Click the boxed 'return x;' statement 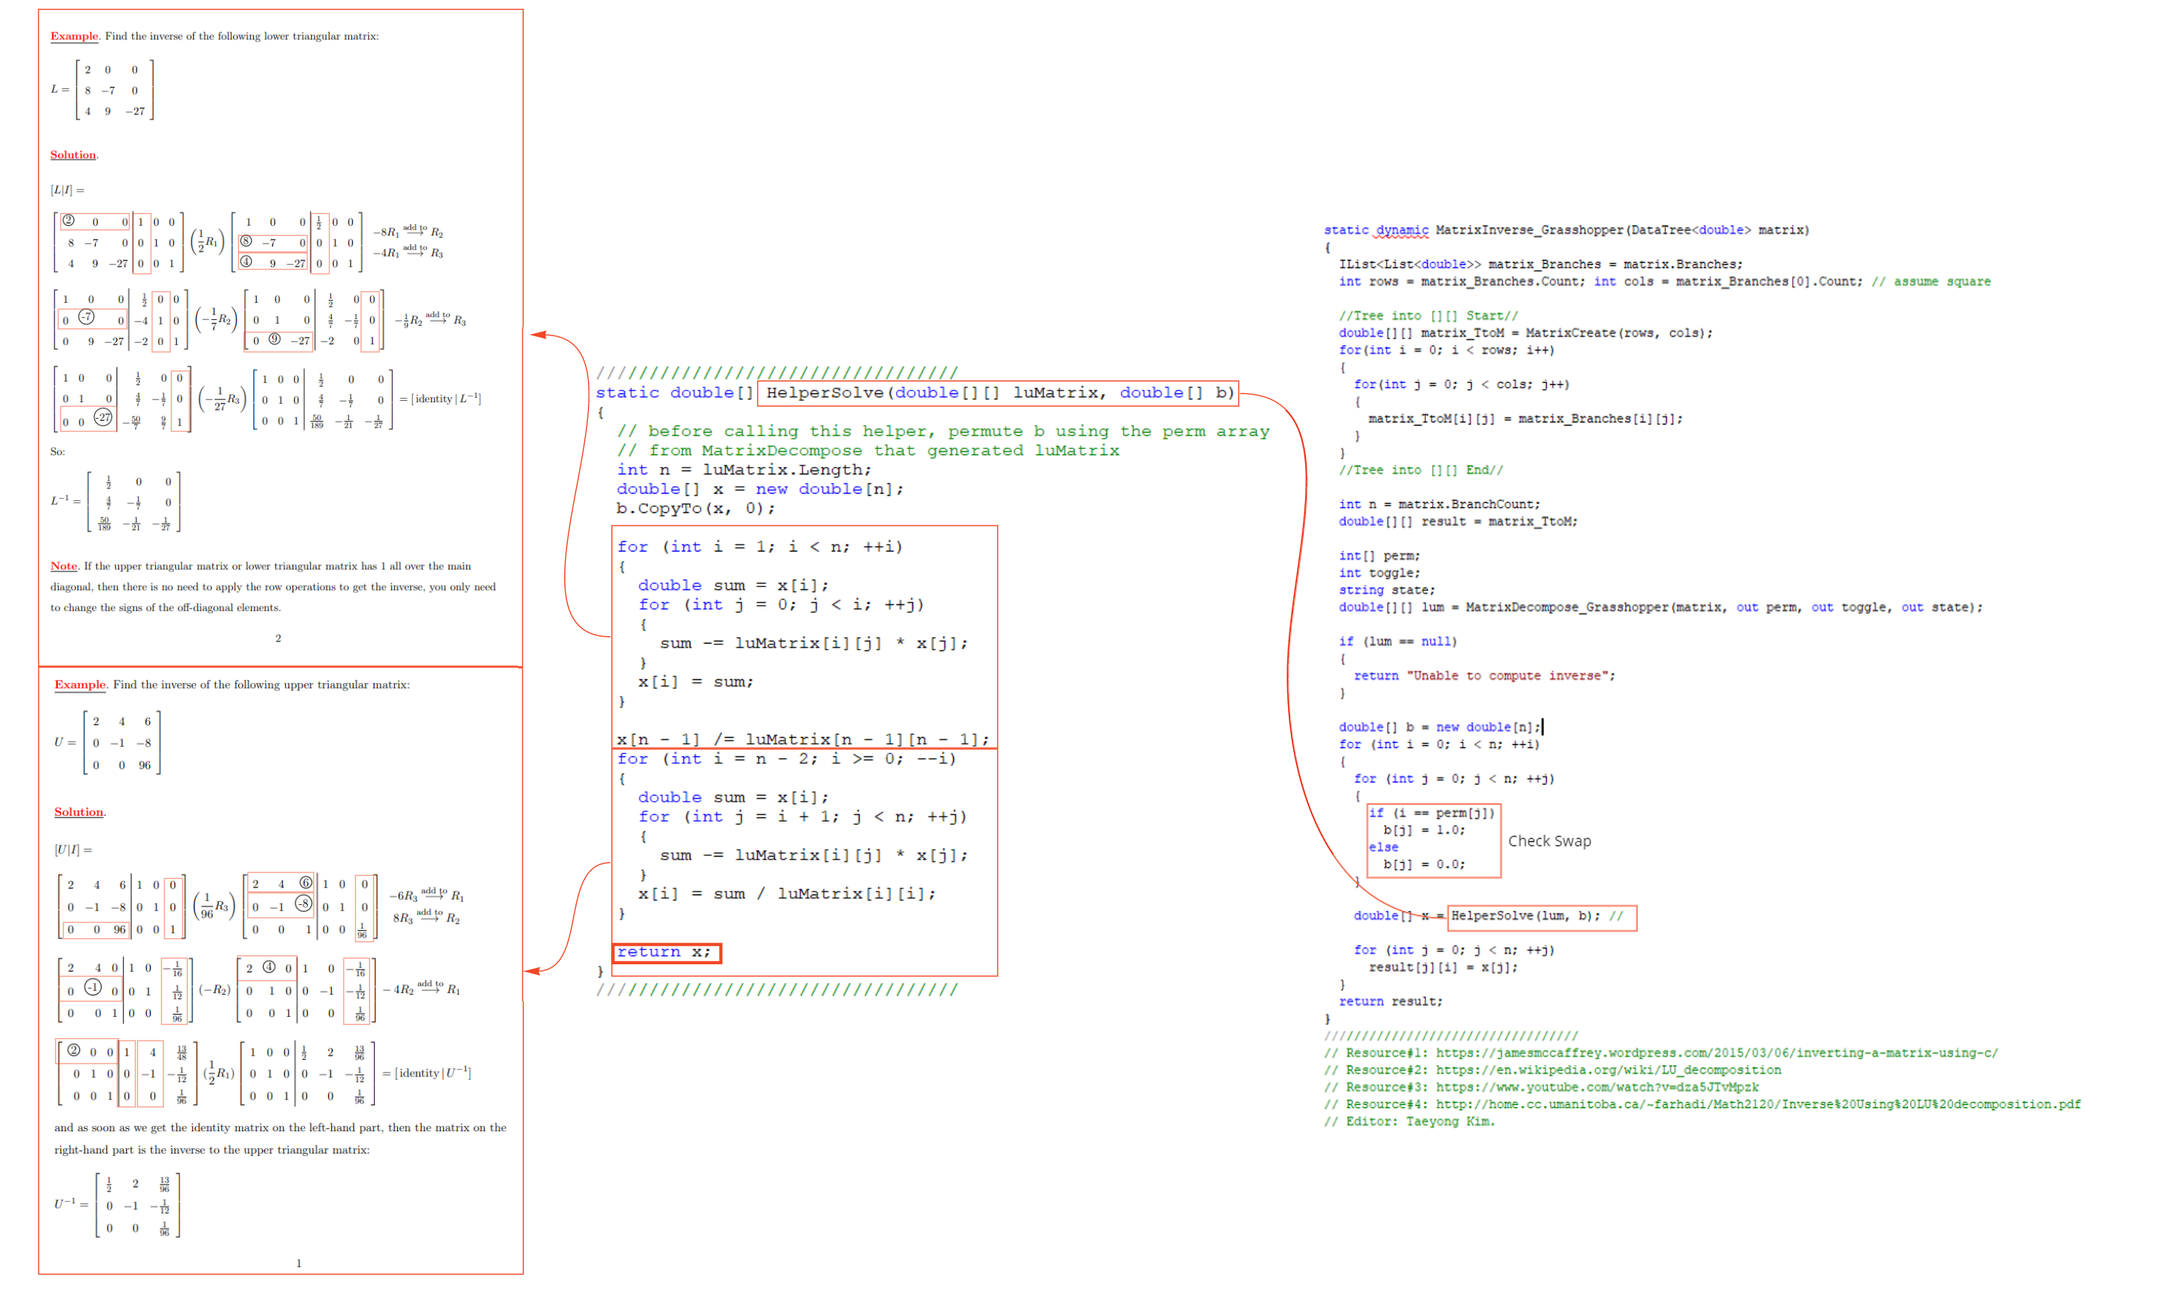pos(666,952)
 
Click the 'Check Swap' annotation pos(1549,841)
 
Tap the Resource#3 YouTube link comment pos(1541,1087)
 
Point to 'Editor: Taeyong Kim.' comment pos(1409,1122)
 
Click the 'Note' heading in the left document pos(64,566)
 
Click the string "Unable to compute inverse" pos(1510,675)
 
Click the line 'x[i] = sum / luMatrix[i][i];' pos(786,894)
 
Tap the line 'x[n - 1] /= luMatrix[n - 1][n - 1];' pos(802,739)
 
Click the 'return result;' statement pos(1390,1001)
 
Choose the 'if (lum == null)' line pos(1397,641)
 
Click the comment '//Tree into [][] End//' pos(1420,470)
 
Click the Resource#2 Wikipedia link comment pos(1552,1070)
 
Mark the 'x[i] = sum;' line pos(695,682)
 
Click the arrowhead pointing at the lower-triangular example pos(537,334)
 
